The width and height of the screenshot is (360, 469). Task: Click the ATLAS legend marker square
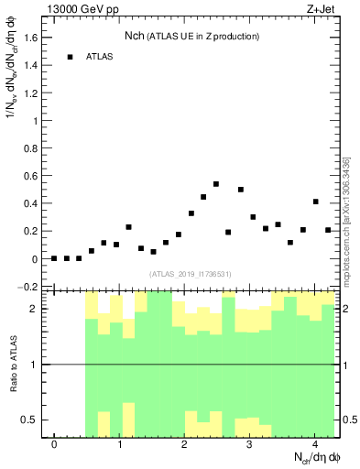(x=70, y=57)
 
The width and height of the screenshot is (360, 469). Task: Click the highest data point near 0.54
(x=216, y=184)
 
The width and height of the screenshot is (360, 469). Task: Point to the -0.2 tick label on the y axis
(x=27, y=287)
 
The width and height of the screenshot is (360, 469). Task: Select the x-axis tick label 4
(x=315, y=444)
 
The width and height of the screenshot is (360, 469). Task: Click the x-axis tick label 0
(x=54, y=444)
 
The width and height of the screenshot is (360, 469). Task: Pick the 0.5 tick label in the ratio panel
(x=29, y=420)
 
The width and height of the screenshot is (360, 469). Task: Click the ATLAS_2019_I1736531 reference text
(x=191, y=273)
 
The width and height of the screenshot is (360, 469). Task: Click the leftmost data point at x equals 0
(x=54, y=258)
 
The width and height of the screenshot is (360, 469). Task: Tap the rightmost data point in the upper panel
(x=328, y=230)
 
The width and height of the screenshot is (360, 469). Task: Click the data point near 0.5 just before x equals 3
(x=241, y=190)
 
